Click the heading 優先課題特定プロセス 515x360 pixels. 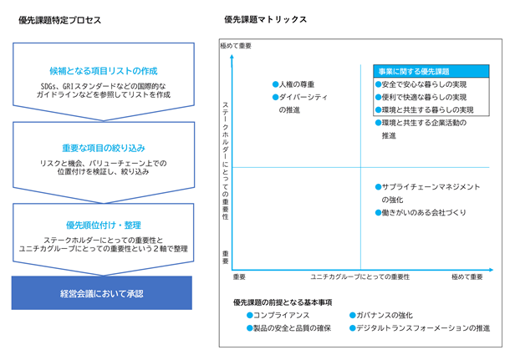click(x=60, y=20)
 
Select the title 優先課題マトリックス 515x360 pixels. click(x=265, y=19)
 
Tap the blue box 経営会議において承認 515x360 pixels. click(x=102, y=293)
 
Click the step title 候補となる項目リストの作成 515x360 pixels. click(x=104, y=71)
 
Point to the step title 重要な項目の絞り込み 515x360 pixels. click(x=104, y=149)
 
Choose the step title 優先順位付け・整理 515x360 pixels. click(x=104, y=226)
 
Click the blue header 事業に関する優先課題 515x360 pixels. click(x=431, y=71)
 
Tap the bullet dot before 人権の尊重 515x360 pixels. click(x=276, y=84)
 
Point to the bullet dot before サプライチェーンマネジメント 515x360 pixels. click(x=378, y=187)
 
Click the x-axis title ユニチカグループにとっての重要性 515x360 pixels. click(x=360, y=277)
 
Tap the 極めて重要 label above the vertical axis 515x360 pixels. click(x=236, y=46)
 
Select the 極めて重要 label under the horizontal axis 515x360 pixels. click(x=467, y=277)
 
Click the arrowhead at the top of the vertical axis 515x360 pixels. click(x=232, y=57)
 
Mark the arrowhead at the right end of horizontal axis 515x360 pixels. click(x=491, y=270)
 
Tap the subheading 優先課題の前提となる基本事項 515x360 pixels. click(x=283, y=302)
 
